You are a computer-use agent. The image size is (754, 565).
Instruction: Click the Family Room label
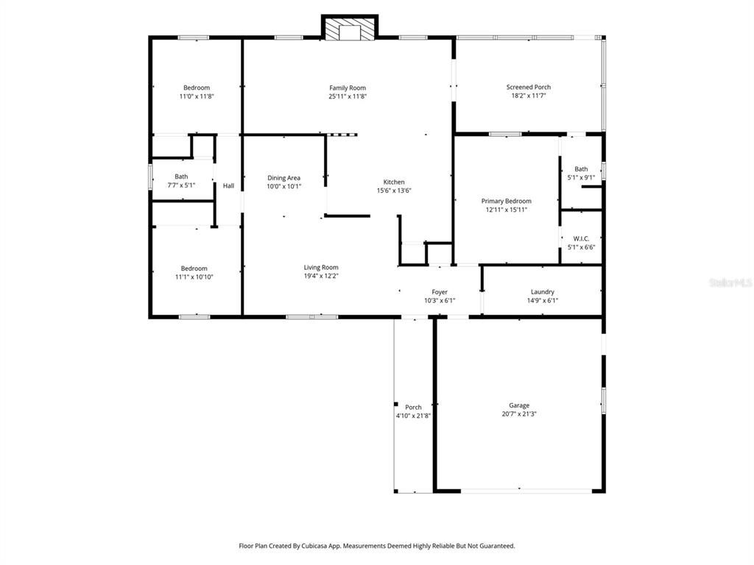(347, 88)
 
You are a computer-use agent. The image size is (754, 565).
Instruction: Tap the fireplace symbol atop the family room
(349, 28)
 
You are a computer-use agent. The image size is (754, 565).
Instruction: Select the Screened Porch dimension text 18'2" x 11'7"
(528, 96)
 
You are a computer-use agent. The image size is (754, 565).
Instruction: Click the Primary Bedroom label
(506, 201)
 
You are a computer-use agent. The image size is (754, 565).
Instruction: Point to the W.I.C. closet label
(581, 238)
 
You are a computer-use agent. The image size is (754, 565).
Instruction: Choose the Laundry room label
(542, 292)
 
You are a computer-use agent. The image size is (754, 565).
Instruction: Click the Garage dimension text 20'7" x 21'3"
(518, 414)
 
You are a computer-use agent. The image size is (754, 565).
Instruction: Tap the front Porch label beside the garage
(413, 408)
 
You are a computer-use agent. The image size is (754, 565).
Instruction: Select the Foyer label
(440, 292)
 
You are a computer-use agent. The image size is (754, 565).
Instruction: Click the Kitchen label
(393, 182)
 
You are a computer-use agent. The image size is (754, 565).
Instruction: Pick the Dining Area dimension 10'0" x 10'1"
(283, 186)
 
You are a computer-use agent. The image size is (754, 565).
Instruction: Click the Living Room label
(321, 267)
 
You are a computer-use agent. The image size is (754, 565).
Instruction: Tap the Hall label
(228, 185)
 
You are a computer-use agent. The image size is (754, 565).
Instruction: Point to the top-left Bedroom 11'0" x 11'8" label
(196, 88)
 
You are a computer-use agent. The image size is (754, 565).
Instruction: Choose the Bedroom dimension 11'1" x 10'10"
(194, 277)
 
